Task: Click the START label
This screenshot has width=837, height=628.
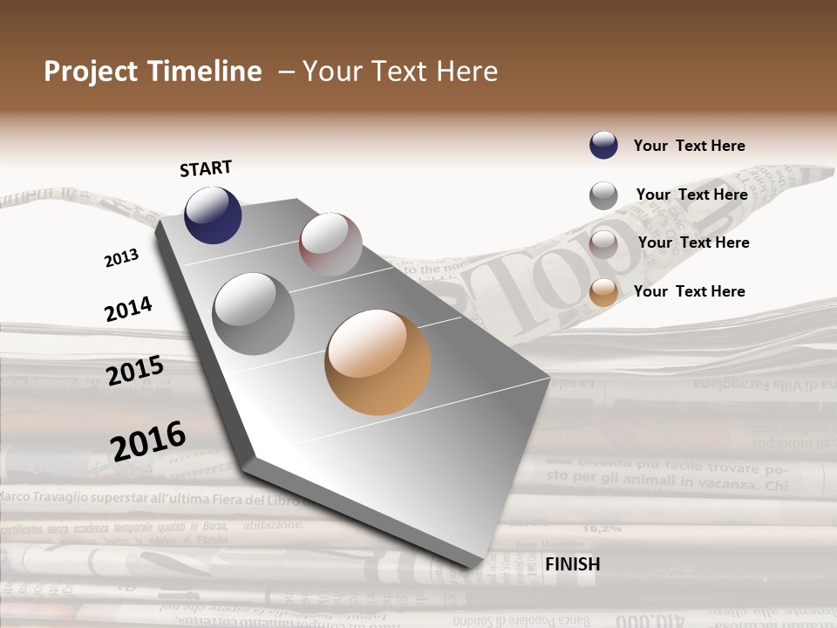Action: [x=206, y=168]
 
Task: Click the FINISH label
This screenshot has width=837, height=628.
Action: [x=572, y=564]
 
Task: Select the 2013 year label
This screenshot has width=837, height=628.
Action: [x=121, y=258]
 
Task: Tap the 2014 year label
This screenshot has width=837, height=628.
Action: [x=128, y=309]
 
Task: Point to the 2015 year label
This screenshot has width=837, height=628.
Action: [x=135, y=371]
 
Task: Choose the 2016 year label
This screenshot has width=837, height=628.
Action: [x=148, y=440]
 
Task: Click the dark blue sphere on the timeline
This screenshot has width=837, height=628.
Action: [x=213, y=215]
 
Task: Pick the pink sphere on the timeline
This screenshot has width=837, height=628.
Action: [x=330, y=243]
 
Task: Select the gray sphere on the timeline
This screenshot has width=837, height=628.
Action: [x=254, y=313]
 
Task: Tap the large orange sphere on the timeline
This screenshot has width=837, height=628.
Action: [x=378, y=362]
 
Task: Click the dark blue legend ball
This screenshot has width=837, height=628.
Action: [x=603, y=145]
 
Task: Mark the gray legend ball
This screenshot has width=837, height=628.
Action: [x=603, y=195]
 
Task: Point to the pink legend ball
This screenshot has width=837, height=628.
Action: [x=603, y=243]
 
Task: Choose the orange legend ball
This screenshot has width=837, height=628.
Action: [x=603, y=292]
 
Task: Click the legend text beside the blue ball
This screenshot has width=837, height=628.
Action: [x=689, y=146]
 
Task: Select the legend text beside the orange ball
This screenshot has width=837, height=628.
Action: [x=689, y=291]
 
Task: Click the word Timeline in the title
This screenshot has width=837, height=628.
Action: [x=204, y=72]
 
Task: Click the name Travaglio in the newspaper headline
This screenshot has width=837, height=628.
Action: [x=71, y=499]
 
